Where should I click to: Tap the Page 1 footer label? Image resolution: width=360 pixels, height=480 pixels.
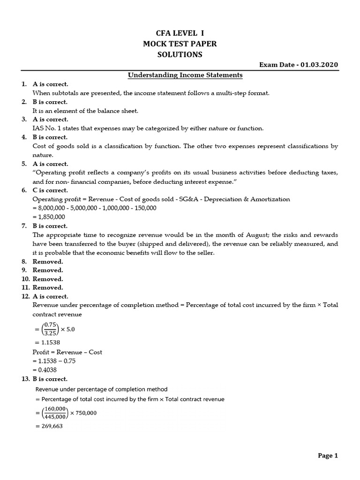327,455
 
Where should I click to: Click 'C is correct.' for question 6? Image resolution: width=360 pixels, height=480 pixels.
50,190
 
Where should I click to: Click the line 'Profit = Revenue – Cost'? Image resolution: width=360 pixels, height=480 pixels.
67,352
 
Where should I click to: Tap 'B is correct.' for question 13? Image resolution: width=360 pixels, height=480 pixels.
50,379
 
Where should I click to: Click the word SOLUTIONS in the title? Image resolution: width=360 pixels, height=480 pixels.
180,54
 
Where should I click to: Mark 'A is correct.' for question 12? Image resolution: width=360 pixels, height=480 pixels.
50,296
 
